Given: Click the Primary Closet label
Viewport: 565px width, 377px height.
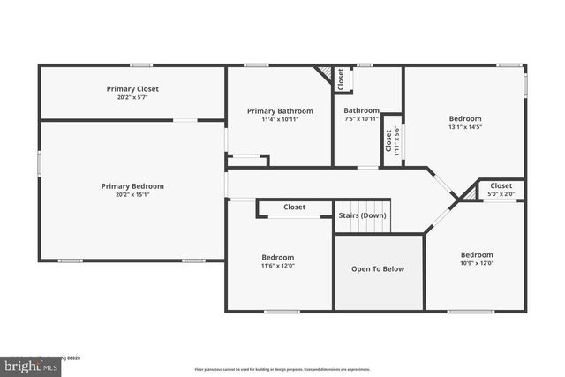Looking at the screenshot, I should pyautogui.click(x=132, y=88).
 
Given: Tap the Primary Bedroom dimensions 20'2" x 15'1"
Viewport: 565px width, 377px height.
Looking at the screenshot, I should pyautogui.click(x=132, y=194).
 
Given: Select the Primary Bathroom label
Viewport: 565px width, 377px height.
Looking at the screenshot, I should pyautogui.click(x=280, y=111).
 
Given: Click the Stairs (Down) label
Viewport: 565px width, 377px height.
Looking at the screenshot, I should pyautogui.click(x=362, y=215).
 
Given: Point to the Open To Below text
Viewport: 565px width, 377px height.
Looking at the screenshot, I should pyautogui.click(x=378, y=269).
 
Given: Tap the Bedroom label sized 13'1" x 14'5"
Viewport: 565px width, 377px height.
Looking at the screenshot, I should pyautogui.click(x=465, y=118).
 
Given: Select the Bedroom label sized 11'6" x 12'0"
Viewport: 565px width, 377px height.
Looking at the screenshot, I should pyautogui.click(x=277, y=257).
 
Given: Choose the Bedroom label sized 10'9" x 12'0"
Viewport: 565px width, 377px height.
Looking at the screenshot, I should pyautogui.click(x=476, y=255).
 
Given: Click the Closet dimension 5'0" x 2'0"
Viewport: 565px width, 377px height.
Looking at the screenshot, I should pyautogui.click(x=501, y=194).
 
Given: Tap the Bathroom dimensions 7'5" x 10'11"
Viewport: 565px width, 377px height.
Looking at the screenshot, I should pyautogui.click(x=361, y=119).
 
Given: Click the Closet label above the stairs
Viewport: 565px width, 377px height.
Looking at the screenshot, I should pyautogui.click(x=294, y=207).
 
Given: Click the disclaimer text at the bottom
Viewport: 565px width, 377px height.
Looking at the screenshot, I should pyautogui.click(x=282, y=369).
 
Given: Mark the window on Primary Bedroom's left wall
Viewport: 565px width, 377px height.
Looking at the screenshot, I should pyautogui.click(x=39, y=163).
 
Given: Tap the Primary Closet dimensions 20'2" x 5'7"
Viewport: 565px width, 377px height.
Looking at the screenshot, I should pyautogui.click(x=132, y=96).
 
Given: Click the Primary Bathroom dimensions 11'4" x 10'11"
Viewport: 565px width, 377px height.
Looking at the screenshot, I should pyautogui.click(x=280, y=119).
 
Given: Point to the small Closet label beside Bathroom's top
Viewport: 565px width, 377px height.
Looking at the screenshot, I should pyautogui.click(x=341, y=79).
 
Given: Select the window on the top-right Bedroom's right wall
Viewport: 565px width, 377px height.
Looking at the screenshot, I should pyautogui.click(x=525, y=85).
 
